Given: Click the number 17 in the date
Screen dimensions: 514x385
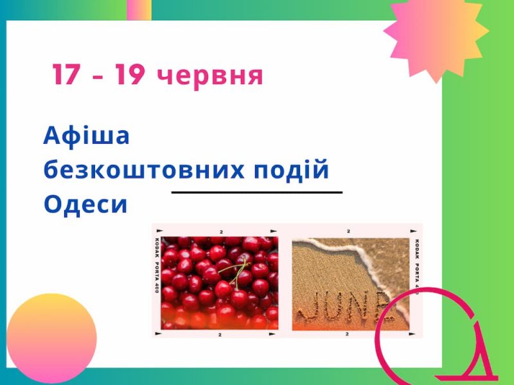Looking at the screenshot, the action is (66, 74).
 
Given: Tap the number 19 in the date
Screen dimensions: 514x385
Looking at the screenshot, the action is (130, 74).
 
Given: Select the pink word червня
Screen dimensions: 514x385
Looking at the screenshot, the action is (210, 76).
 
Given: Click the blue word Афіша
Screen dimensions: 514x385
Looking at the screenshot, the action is (87, 135).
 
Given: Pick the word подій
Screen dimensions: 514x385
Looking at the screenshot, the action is (291, 169).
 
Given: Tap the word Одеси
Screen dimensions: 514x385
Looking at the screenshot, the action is (85, 203).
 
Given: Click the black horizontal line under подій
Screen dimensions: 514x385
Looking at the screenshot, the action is (257, 193).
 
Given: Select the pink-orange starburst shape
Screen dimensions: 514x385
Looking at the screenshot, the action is (436, 38).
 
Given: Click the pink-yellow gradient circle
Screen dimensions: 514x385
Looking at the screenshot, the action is (51, 338).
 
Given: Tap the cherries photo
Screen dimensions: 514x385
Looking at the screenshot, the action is (219, 283).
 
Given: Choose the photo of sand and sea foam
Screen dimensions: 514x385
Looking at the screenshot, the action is (350, 284).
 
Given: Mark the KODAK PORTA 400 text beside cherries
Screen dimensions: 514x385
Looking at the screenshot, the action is (156, 266).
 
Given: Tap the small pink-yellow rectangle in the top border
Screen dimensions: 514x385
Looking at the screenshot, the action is (139, 10).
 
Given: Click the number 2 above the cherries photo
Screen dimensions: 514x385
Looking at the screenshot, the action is (221, 232).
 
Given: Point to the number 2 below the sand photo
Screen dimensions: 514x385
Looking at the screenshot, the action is (347, 334).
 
